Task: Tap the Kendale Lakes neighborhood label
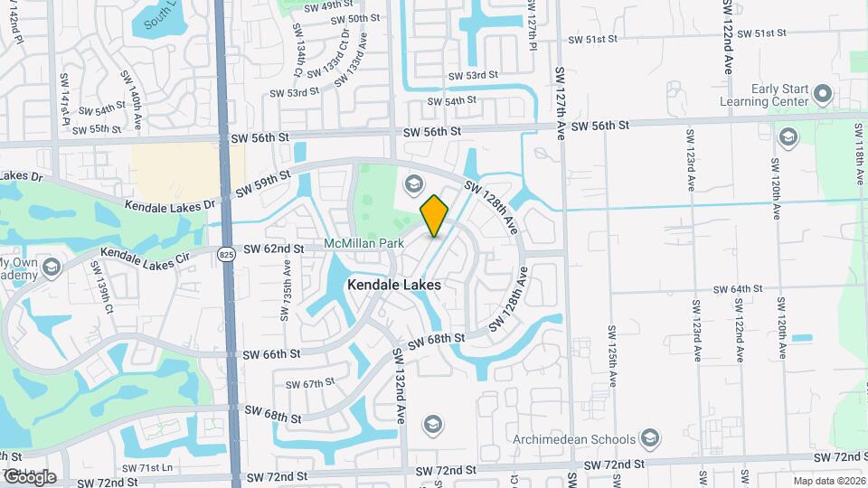(x=394, y=285)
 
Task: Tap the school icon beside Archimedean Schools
(x=649, y=439)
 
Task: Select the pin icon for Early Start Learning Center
(x=822, y=94)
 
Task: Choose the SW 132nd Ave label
(x=399, y=385)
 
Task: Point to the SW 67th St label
(x=310, y=384)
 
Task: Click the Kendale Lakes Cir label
(x=145, y=259)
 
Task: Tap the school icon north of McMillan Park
(x=414, y=184)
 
